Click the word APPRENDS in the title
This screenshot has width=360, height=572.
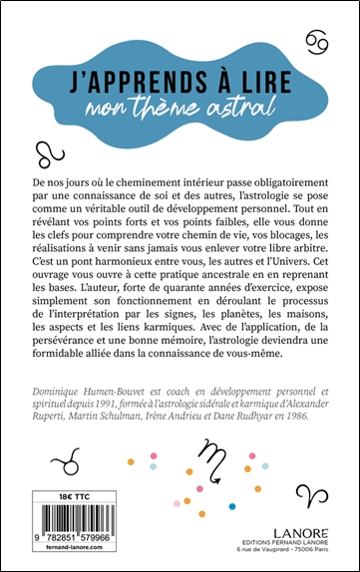pos(147,76)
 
